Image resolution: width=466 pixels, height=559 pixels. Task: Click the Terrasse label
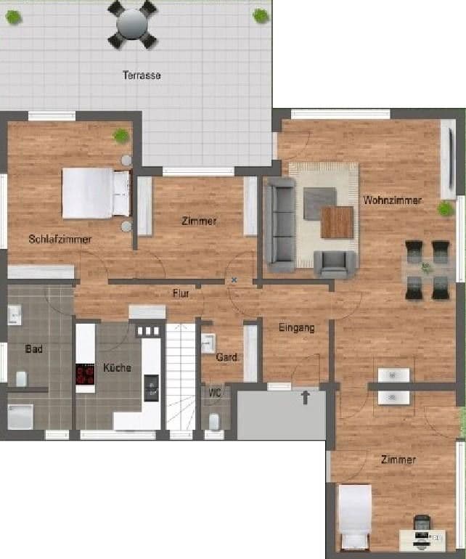142,75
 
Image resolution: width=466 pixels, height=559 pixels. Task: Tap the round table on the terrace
131,24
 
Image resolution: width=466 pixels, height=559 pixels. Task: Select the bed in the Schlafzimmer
95,193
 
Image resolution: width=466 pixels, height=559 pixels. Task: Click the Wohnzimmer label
392,200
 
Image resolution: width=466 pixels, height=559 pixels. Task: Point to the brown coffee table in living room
337,222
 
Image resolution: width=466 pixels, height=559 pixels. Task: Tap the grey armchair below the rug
335,263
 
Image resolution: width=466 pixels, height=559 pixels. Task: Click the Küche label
117,367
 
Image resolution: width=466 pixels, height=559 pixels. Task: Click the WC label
215,393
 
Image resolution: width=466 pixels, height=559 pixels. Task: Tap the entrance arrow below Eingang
306,396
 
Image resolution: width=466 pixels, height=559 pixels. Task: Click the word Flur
181,293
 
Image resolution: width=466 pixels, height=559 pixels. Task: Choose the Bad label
34,348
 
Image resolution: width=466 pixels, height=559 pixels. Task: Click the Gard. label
224,356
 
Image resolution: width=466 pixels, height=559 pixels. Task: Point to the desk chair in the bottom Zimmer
421,522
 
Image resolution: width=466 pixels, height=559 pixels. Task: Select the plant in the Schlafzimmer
121,135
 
